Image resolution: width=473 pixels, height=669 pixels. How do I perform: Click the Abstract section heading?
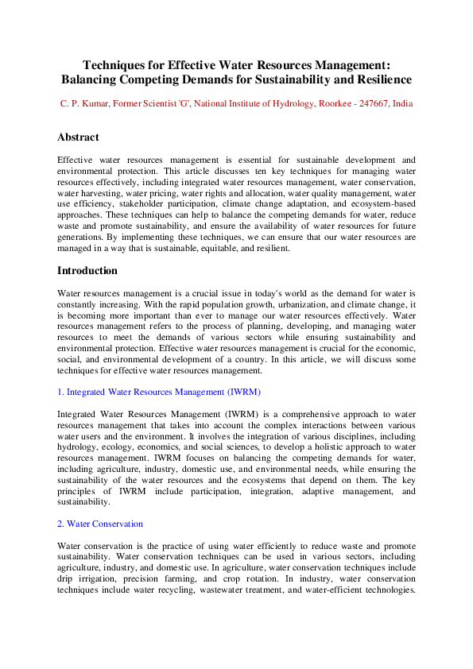78,137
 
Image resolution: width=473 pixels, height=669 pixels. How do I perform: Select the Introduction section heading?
87,271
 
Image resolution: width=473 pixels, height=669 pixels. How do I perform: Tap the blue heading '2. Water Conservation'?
100,524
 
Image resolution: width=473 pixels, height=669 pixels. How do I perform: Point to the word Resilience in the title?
378,79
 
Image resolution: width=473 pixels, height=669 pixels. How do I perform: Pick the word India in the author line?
403,104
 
